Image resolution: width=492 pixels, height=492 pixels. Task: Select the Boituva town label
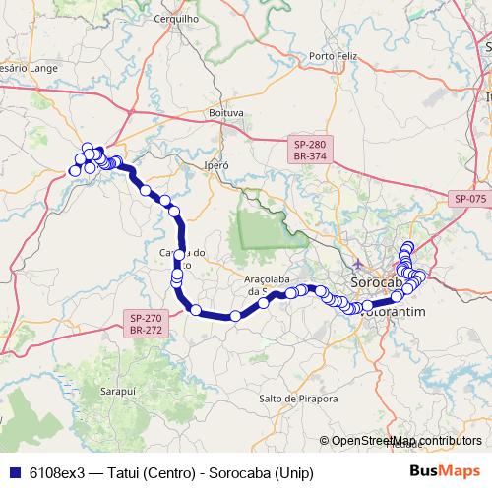coord(225,113)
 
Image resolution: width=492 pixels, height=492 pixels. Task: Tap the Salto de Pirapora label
coord(298,399)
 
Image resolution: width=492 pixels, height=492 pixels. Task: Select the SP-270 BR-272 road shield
coord(145,324)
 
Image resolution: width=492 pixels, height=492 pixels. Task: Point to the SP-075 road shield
coord(470,199)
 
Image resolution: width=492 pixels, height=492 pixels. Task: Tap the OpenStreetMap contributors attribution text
coord(405,440)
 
